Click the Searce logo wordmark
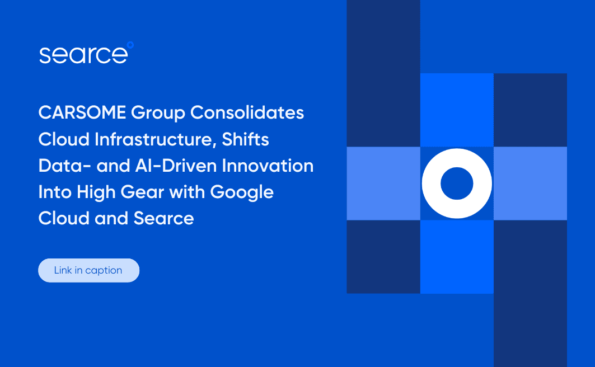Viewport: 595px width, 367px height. pyautogui.click(x=83, y=55)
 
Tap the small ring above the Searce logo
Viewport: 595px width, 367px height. pyautogui.click(x=130, y=44)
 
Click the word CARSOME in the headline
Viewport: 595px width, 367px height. pyautogui.click(x=82, y=112)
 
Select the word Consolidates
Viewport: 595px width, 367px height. pyautogui.click(x=247, y=112)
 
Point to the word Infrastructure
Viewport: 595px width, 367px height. pyautogui.click(x=149, y=139)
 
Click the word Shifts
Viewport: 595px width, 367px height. pyautogui.click(x=245, y=139)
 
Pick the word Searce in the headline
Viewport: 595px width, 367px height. pyautogui.click(x=163, y=218)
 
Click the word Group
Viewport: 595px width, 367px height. pyautogui.click(x=158, y=113)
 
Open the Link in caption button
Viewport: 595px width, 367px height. pyautogui.click(x=88, y=270)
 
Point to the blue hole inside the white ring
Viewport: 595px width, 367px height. pyautogui.click(x=457, y=183)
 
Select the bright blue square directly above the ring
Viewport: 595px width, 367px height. pyautogui.click(x=457, y=110)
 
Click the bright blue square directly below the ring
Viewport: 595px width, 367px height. pyautogui.click(x=457, y=257)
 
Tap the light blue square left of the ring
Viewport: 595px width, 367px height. pyautogui.click(x=383, y=183)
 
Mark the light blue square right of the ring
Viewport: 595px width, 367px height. pyautogui.click(x=530, y=183)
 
